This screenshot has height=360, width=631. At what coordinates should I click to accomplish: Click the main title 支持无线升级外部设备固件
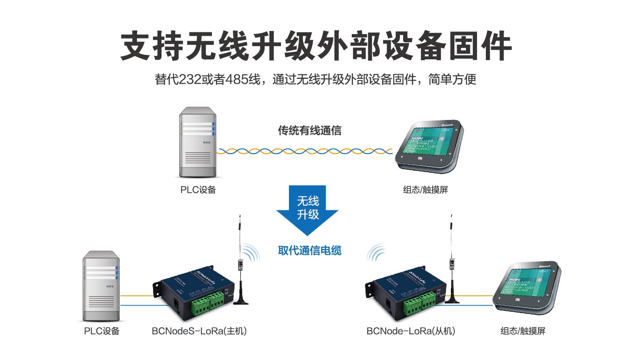coord(315,45)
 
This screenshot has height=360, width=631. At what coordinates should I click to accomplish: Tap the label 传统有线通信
coord(309,131)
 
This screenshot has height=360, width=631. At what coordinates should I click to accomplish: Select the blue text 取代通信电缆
coord(309,251)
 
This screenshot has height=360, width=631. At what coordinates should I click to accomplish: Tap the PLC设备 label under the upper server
coord(198,190)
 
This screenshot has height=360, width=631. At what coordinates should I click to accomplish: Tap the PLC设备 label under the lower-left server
coord(102,331)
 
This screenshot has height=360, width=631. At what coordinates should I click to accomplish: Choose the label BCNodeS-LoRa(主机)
coord(199,331)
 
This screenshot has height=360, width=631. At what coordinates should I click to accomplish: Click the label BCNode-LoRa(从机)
coord(411,331)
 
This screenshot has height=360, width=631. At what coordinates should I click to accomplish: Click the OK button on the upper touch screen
coord(420,158)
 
